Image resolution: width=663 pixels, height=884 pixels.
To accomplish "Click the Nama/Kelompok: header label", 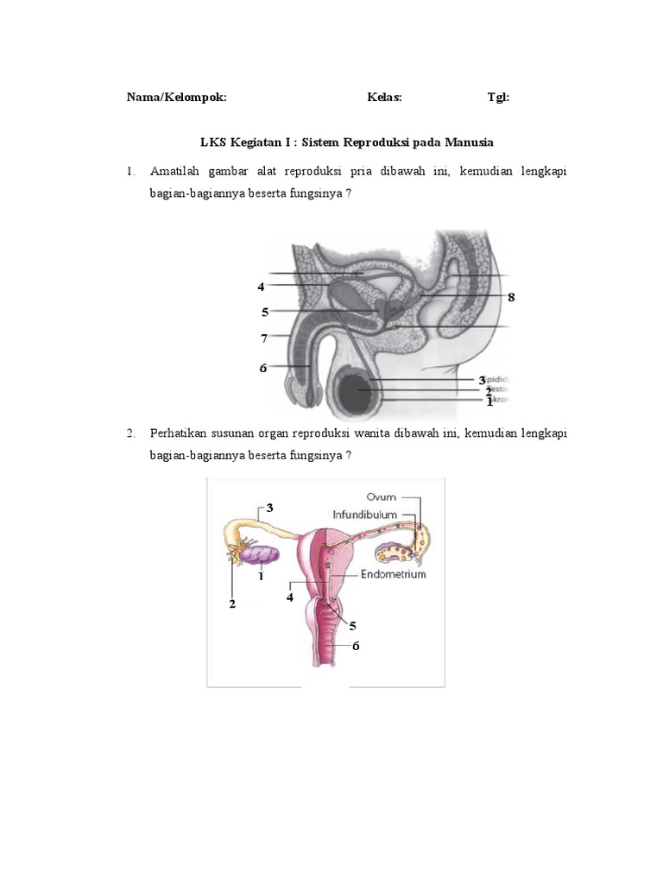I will tap(176, 98).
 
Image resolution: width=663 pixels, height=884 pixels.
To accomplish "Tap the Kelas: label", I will tap(384, 98).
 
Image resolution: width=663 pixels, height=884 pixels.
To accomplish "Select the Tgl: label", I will tap(498, 98).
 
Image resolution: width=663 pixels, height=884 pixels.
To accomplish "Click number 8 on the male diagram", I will tap(511, 297).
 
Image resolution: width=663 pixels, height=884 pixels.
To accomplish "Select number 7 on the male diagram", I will tap(264, 338).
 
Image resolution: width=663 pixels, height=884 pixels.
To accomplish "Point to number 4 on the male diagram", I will tap(260, 287).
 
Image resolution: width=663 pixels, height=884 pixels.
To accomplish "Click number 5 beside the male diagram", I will tap(265, 312).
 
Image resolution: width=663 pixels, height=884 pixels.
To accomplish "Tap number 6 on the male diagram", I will tap(262, 368).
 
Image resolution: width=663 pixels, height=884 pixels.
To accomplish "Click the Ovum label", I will tap(381, 497).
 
